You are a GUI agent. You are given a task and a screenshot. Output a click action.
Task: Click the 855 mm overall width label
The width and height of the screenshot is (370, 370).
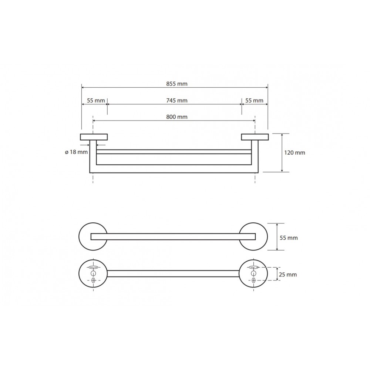tap(177, 84)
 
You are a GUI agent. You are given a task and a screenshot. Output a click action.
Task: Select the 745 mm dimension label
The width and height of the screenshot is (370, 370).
tap(177, 101)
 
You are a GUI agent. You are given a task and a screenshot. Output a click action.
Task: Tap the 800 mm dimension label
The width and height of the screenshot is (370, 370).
tap(177, 117)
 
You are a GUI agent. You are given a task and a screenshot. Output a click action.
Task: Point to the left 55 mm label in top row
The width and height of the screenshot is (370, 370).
tap(96, 101)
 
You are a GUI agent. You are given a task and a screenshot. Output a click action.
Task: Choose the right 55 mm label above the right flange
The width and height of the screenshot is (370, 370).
tap(254, 101)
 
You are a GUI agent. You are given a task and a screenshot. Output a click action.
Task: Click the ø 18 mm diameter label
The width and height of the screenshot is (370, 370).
tap(76, 152)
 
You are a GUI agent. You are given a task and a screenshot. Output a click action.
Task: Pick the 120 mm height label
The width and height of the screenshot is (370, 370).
tap(295, 153)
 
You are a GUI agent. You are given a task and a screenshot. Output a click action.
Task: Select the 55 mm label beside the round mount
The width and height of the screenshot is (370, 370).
tap(289, 238)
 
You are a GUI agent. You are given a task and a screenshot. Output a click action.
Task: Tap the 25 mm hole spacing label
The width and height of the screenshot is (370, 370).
tap(287, 275)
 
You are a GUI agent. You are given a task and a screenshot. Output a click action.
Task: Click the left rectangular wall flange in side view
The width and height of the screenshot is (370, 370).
tap(94, 137)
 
